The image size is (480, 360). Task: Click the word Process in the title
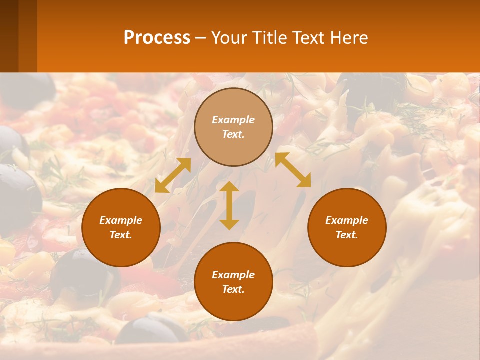point(157,38)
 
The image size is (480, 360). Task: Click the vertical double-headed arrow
point(229,205)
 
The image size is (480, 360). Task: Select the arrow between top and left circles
point(173,175)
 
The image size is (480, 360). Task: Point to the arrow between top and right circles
point(293,170)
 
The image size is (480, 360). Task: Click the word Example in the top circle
point(233,120)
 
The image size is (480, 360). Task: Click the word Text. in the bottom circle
point(233,289)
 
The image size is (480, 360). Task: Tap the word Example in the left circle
point(121,220)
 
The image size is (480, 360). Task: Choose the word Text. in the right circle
point(347,235)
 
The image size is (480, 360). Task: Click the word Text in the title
point(310,38)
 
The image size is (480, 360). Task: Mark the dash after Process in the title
point(200,38)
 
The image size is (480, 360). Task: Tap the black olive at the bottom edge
point(150,330)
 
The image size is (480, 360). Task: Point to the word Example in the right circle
point(347,220)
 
